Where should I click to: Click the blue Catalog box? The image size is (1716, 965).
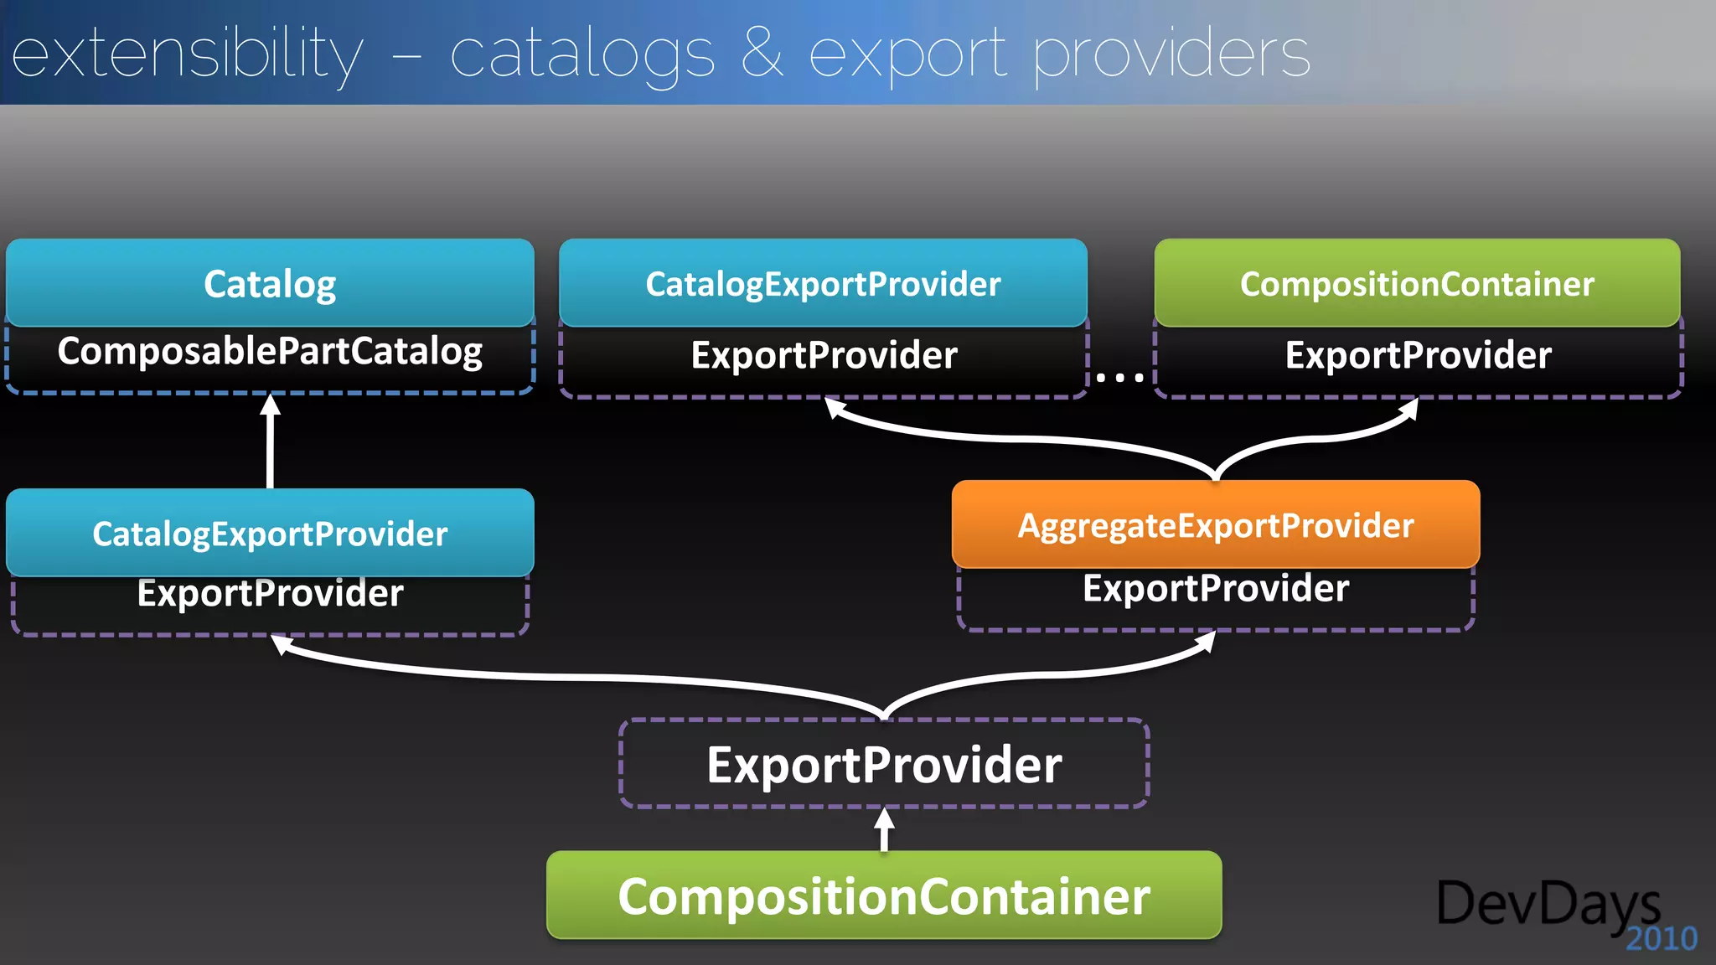(x=270, y=283)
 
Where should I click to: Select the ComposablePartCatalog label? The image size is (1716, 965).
(x=270, y=352)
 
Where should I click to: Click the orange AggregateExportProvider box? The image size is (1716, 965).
(x=1216, y=525)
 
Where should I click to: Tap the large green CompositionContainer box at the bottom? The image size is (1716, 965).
(x=884, y=895)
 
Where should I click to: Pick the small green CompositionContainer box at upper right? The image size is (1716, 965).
(x=1417, y=283)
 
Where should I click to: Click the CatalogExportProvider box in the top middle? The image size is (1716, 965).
(x=823, y=283)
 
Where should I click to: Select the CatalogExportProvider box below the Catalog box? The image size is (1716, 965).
(x=270, y=533)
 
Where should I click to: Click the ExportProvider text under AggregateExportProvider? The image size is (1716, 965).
(x=1216, y=588)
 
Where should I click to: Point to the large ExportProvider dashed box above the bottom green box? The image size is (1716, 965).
(x=884, y=764)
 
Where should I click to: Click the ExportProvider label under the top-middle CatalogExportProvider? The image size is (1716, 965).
(x=824, y=355)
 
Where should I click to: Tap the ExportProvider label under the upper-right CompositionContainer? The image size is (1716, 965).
(x=1418, y=355)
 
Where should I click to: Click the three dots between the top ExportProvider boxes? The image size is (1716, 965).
(x=1120, y=378)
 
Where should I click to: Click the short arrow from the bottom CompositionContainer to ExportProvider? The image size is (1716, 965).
(x=884, y=829)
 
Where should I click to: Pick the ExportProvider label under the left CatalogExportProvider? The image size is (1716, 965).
(x=270, y=593)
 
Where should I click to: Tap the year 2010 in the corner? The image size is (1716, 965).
(x=1661, y=939)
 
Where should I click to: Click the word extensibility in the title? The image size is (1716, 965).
(x=188, y=55)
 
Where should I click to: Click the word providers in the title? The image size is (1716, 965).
(x=1171, y=55)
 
